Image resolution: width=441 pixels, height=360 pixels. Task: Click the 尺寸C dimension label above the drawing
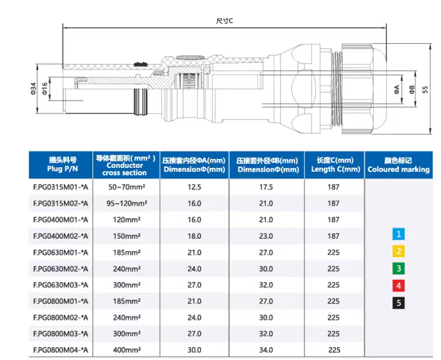pyautogui.click(x=224, y=21)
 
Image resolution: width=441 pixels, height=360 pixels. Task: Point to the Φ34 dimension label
pyautogui.click(x=34, y=88)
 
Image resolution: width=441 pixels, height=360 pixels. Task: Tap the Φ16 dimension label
pyautogui.click(x=45, y=88)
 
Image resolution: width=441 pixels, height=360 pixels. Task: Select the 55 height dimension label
pyautogui.click(x=425, y=89)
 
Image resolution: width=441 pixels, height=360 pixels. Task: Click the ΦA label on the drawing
pyautogui.click(x=397, y=89)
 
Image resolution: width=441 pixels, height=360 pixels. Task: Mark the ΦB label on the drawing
pyautogui.click(x=412, y=89)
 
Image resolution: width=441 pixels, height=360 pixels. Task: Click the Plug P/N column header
pyautogui.click(x=62, y=165)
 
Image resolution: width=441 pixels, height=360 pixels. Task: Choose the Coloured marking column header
pyautogui.click(x=398, y=165)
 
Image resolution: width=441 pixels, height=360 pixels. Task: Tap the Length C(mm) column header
pyautogui.click(x=336, y=165)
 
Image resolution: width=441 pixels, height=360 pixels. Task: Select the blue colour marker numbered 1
pyautogui.click(x=398, y=234)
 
